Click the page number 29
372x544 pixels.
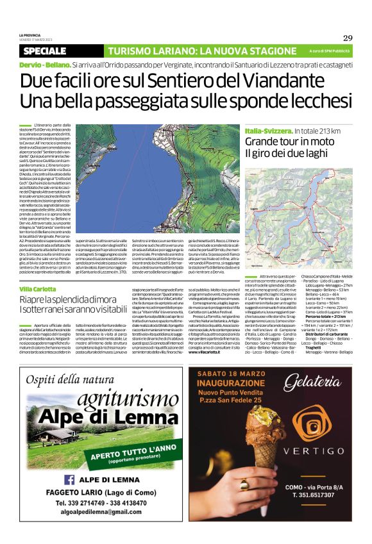coord(347,38)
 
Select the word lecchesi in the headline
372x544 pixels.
coord(316,101)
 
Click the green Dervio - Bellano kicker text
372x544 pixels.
coord(44,65)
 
